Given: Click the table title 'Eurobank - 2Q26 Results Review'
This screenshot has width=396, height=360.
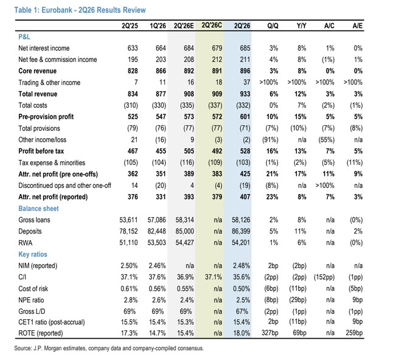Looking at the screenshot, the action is coord(94,10).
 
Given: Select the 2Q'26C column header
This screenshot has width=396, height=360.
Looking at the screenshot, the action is coord(212,26).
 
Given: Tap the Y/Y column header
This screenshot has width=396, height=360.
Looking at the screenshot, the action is coord(301,26).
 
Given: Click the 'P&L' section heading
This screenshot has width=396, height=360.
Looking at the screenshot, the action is coord(24,37).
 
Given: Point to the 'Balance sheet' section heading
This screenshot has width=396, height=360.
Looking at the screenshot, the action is coord(38,209).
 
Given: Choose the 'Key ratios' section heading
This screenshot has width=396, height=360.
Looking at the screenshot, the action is coord(33,254).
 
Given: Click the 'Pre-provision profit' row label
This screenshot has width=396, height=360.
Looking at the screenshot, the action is coord(46,117).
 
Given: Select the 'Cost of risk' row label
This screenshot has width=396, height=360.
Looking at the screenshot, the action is coord(33,289).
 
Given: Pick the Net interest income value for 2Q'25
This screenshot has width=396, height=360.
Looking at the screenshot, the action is coord(133,48).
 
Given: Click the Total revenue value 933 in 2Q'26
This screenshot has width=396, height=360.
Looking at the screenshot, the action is coord(245,94).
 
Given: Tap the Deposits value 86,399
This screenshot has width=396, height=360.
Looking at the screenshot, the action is coord(241,231).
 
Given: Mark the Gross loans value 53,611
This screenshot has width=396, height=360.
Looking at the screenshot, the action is coord(128,220).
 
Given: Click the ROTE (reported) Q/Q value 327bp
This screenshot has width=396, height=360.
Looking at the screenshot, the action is coord(269,333).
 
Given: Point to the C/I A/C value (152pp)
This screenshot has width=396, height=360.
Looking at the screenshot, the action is coord(324,277).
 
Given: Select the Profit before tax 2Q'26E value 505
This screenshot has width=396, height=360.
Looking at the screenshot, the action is coord(189,151).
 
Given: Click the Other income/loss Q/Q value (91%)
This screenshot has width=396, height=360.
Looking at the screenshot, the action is coord(270,140).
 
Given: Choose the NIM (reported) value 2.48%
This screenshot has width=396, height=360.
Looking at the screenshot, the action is coord(241,266).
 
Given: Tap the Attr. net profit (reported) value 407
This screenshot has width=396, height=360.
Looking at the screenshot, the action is coord(245,197).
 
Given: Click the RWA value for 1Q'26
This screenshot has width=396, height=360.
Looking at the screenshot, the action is coord(156,243).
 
